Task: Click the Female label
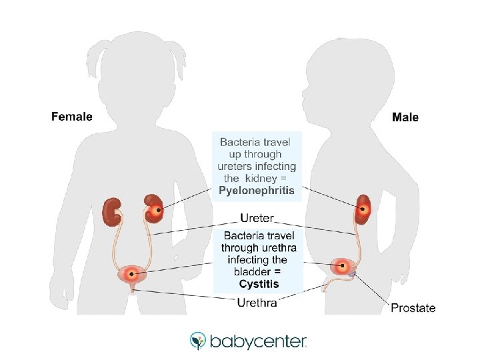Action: pos(71,117)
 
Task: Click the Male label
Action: pos(405,117)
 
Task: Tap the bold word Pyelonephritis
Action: pos(257,190)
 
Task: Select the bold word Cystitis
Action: pos(259,284)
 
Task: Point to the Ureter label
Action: pos(256,218)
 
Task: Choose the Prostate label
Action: pos(413,308)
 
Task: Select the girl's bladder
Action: pos(131,273)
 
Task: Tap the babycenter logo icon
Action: pos(198,341)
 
